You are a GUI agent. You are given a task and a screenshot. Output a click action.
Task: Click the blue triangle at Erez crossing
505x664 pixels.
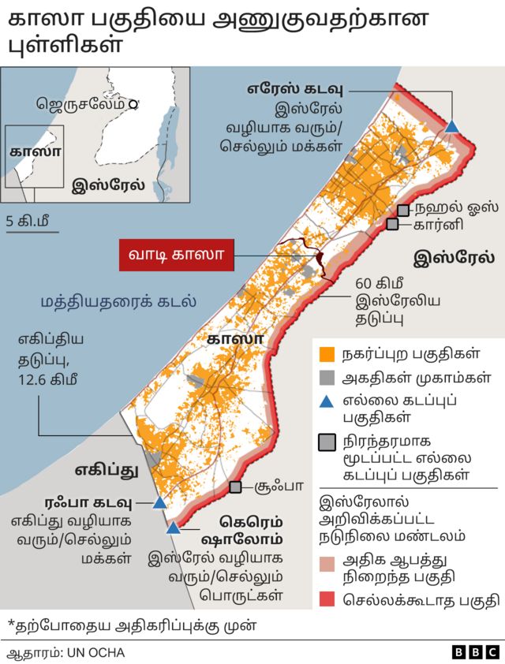click(x=452, y=126)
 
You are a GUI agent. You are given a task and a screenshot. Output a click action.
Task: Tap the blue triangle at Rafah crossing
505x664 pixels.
click(x=159, y=502)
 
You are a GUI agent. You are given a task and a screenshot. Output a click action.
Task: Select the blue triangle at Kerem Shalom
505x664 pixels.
click(x=174, y=527)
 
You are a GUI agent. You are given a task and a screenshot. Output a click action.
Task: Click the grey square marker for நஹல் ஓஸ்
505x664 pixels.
click(x=403, y=210)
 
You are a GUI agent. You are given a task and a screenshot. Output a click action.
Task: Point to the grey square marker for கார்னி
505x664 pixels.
click(x=392, y=225)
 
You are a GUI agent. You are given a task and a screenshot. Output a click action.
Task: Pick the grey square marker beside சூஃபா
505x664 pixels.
click(x=235, y=488)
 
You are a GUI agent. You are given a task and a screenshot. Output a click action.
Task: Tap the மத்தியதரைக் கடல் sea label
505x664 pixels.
click(x=118, y=301)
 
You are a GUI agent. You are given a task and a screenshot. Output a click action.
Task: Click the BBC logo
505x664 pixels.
click(x=476, y=652)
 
